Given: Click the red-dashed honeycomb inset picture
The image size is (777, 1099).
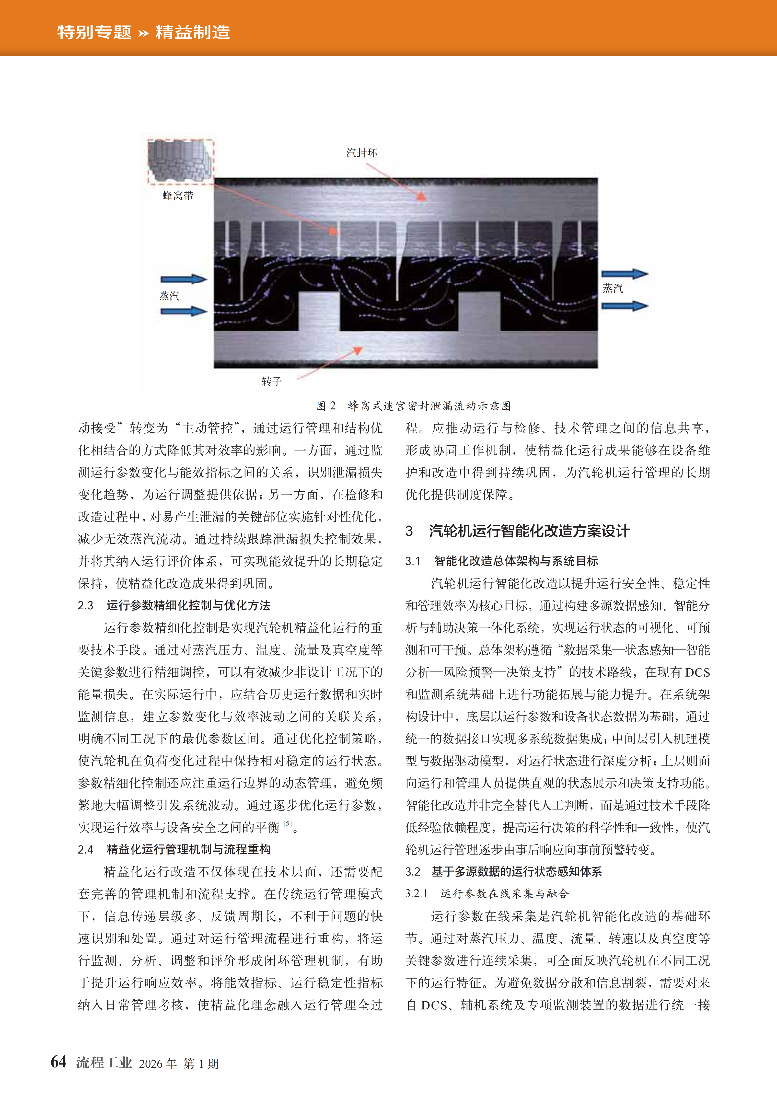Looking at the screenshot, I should [x=181, y=161].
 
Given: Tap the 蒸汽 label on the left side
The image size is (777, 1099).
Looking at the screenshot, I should [x=170, y=296].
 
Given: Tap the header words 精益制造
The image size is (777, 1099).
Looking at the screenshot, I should [x=192, y=32].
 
